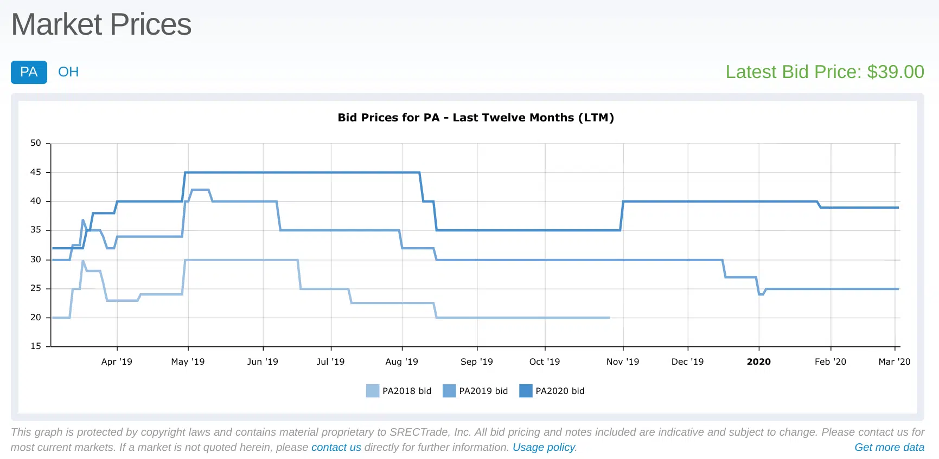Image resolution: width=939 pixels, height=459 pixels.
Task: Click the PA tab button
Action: pyautogui.click(x=29, y=72)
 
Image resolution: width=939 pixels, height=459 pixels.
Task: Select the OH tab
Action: pyautogui.click(x=68, y=72)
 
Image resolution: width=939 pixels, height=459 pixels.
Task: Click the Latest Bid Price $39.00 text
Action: pyautogui.click(x=825, y=72)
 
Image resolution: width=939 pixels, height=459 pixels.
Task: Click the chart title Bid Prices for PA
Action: pyautogui.click(x=475, y=118)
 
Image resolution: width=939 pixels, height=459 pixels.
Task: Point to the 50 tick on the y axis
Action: pyautogui.click(x=36, y=143)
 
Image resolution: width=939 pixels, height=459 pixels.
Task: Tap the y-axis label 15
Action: pyautogui.click(x=36, y=346)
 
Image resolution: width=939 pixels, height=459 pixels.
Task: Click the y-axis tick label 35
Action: pyautogui.click(x=36, y=230)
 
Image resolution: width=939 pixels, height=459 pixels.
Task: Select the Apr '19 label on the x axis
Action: pyautogui.click(x=117, y=361)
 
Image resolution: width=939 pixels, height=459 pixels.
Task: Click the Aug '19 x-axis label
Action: pyautogui.click(x=401, y=361)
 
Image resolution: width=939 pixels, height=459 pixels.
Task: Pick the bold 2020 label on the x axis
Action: pyautogui.click(x=758, y=361)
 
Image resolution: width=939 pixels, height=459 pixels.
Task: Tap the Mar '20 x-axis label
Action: pyautogui.click(x=894, y=361)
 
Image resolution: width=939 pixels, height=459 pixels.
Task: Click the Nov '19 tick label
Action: pyautogui.click(x=622, y=361)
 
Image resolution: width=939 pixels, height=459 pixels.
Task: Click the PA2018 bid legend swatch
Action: pyautogui.click(x=373, y=391)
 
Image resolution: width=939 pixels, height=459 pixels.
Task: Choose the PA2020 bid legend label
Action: pyautogui.click(x=560, y=391)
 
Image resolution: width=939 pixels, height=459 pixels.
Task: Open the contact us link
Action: pyautogui.click(x=336, y=447)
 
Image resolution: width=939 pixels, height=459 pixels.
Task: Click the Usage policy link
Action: pyautogui.click(x=544, y=447)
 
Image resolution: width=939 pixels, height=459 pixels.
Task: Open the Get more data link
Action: pyautogui.click(x=889, y=447)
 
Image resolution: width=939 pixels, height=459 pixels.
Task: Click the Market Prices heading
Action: pyautogui.click(x=101, y=24)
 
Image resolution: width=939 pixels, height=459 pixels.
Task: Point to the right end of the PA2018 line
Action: pyautogui.click(x=609, y=318)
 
